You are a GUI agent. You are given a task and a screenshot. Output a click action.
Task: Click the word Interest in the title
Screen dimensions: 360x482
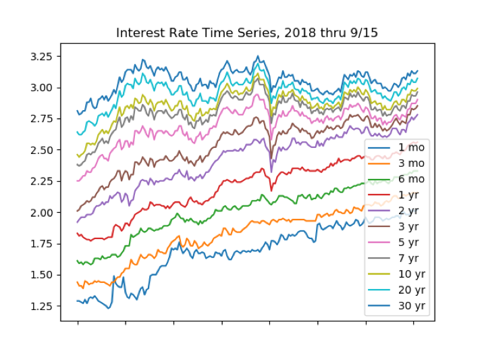(138, 33)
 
